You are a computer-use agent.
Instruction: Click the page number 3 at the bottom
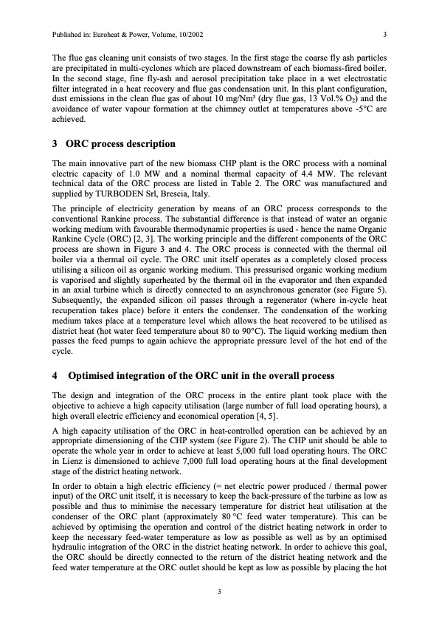[x=219, y=589]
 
